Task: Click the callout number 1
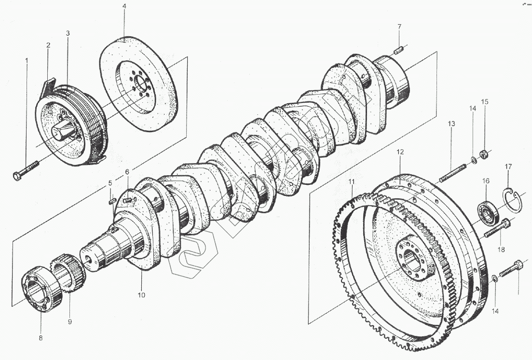pos(27,61)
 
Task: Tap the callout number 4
pos(124,6)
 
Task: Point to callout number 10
pos(142,294)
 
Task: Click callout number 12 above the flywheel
pos(400,152)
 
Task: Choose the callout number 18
pos(502,249)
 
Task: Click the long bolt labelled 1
pos(28,169)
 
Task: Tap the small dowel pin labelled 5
pos(111,200)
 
